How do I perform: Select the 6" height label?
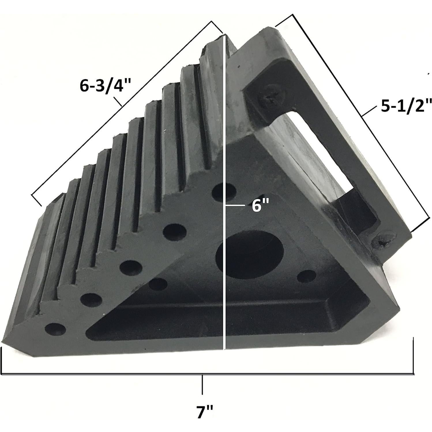(x=260, y=206)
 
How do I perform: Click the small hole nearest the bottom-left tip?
(x=55, y=329)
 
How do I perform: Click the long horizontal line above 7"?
(x=208, y=374)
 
